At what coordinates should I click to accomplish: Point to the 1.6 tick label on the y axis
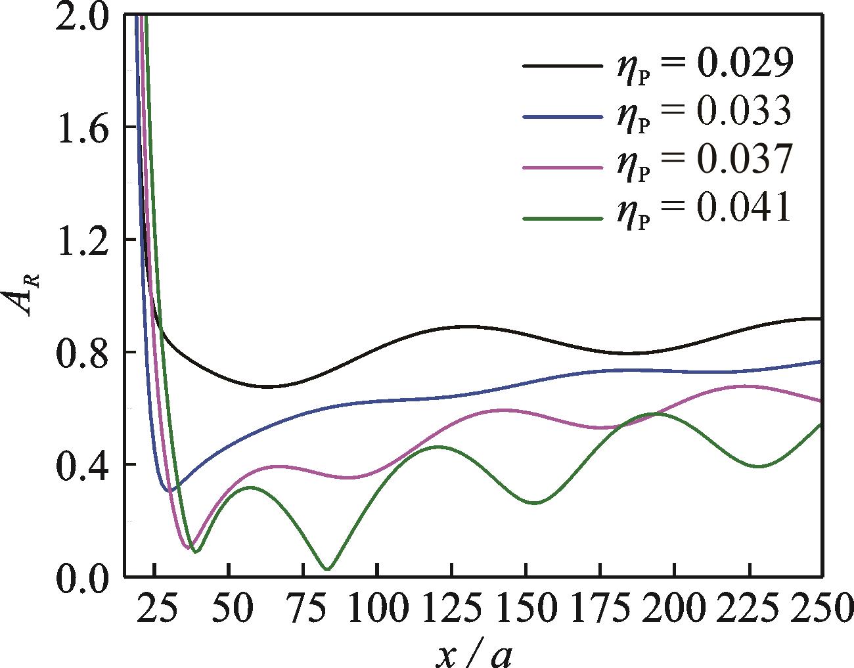coord(81,127)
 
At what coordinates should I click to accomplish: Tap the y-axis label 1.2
coord(81,240)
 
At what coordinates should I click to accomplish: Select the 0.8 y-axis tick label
coord(81,353)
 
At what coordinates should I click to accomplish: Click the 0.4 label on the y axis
coord(81,465)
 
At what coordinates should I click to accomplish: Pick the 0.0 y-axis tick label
coord(81,578)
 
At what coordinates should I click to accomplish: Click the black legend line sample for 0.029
coord(562,66)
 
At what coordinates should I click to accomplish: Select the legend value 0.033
coord(744,111)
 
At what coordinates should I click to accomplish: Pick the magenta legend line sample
coord(562,167)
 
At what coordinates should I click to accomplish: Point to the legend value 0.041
coord(744,208)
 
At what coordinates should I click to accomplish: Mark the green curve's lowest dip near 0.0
coord(328,569)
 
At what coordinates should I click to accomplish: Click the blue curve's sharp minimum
coord(169,491)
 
